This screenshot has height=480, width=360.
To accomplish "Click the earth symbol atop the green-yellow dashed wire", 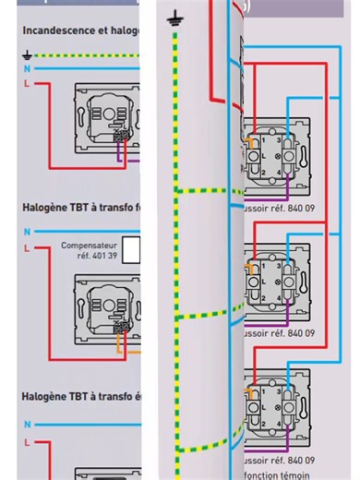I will coord(173,18).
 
